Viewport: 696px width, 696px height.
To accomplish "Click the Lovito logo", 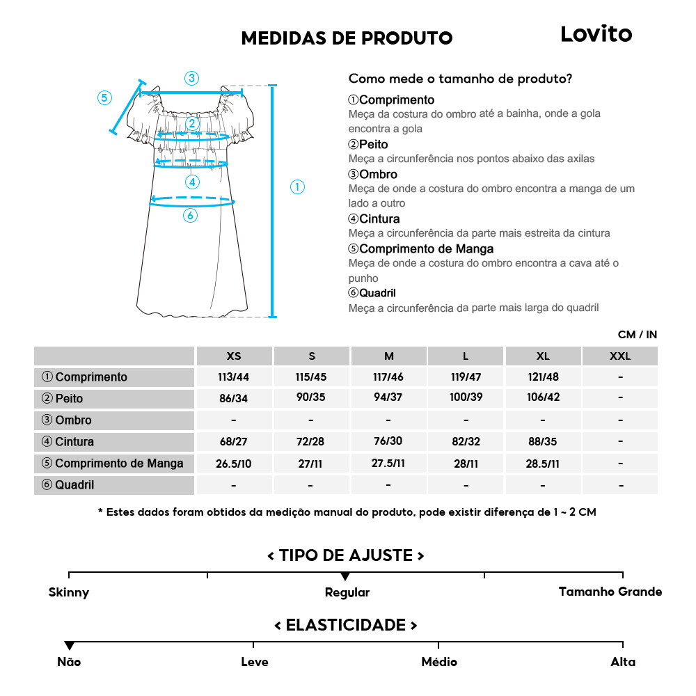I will [x=596, y=34].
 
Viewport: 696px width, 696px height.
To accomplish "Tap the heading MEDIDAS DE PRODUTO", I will [x=347, y=38].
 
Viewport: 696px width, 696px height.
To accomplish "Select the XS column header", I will [x=234, y=356].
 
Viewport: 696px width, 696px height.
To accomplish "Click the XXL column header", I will [x=619, y=356].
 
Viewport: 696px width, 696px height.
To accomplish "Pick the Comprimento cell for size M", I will [x=388, y=377].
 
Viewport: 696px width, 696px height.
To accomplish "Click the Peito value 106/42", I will [x=543, y=399].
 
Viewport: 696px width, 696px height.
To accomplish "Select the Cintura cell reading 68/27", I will [x=234, y=442].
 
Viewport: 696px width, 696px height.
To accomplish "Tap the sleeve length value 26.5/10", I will [x=234, y=464].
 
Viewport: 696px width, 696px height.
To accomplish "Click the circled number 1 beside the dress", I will [x=297, y=187].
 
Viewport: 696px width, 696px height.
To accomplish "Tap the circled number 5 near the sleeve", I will [x=104, y=97].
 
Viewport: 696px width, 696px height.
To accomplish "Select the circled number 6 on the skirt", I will [x=190, y=216].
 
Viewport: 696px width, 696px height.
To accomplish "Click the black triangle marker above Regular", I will [x=345, y=576].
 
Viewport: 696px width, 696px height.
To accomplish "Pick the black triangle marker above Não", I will [x=69, y=646].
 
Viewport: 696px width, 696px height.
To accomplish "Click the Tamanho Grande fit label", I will [x=610, y=592].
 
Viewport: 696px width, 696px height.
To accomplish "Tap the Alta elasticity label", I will [x=622, y=662].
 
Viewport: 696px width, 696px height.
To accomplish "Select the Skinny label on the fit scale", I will [x=69, y=592].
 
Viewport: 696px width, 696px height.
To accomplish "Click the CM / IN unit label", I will [x=637, y=335].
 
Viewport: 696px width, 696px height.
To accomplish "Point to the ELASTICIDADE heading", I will [x=346, y=624].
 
